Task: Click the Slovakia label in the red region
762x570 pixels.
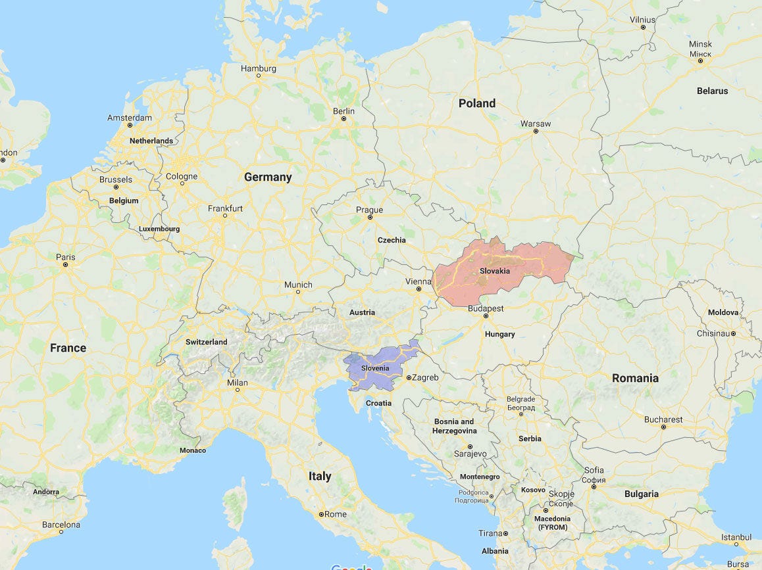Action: [x=494, y=271]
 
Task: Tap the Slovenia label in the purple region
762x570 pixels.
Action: [x=375, y=368]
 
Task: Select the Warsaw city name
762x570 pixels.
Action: [x=536, y=124]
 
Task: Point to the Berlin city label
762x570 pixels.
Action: [x=343, y=111]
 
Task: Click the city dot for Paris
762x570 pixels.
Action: [x=65, y=264]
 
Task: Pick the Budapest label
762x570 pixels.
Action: [x=486, y=308]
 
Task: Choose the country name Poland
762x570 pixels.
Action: [x=477, y=103]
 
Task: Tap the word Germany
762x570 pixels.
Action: [x=268, y=177]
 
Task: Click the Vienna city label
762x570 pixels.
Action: [x=418, y=281]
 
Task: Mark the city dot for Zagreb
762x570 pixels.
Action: [x=409, y=378]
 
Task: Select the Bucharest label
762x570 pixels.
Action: [x=663, y=419]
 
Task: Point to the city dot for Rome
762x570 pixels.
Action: [x=321, y=514]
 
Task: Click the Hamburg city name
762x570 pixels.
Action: [x=259, y=68]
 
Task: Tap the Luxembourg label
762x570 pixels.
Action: [x=159, y=229]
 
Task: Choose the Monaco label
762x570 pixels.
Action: [x=193, y=450]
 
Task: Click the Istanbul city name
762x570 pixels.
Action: [x=736, y=537]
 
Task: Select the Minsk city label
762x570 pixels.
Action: [x=700, y=44]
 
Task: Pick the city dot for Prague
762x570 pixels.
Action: [x=370, y=217]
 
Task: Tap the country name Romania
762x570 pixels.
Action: [x=635, y=378]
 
